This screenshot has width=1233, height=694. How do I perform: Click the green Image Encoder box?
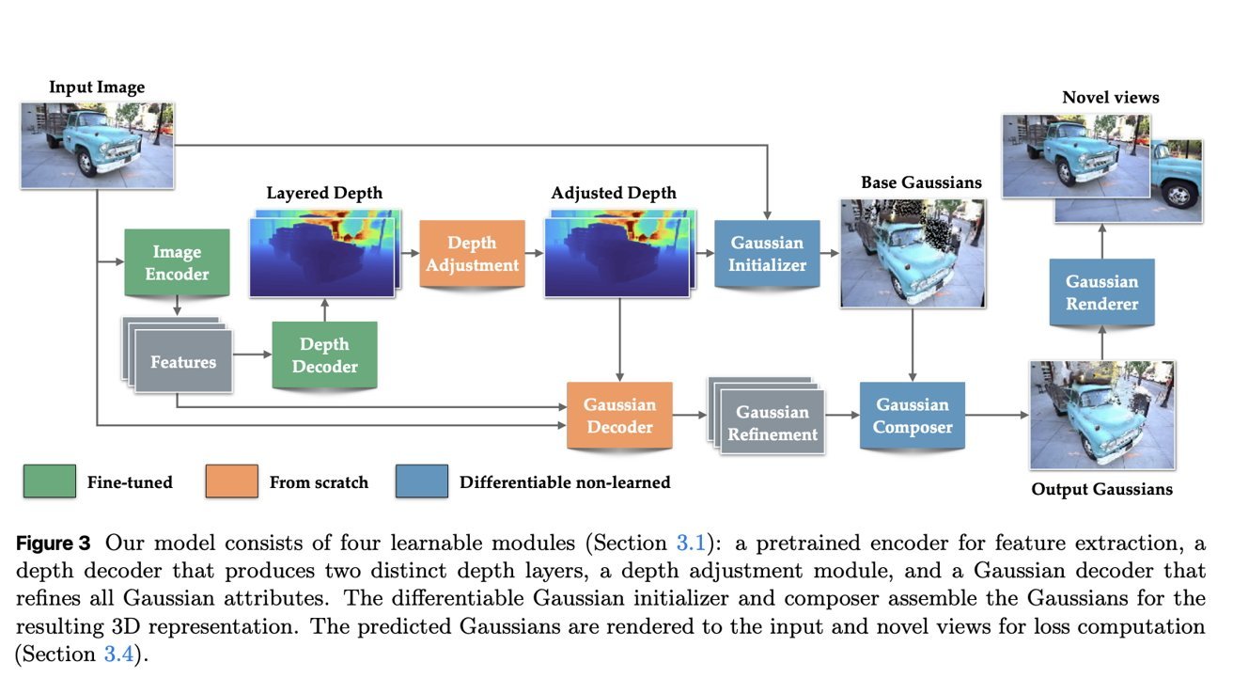pos(177,263)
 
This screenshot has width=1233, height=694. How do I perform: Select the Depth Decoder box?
pos(324,355)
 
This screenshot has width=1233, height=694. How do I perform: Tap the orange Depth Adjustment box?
pos(472,253)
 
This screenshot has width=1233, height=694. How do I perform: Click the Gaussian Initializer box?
pos(767,253)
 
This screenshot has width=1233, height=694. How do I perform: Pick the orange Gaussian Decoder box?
pos(618,415)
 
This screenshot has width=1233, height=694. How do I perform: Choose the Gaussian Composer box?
pos(913,415)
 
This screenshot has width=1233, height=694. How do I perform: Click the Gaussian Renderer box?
pos(1101,292)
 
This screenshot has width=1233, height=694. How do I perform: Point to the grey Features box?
pos(182,361)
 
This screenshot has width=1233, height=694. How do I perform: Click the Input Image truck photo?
pos(97,145)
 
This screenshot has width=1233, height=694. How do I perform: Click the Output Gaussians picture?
pos(1101,415)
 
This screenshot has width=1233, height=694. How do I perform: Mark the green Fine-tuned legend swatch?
pos(49,481)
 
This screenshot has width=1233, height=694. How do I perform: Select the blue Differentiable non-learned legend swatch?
pos(421,481)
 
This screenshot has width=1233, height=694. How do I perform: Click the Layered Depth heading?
pos(324,193)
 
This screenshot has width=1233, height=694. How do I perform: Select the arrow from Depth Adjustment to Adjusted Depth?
pos(533,253)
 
